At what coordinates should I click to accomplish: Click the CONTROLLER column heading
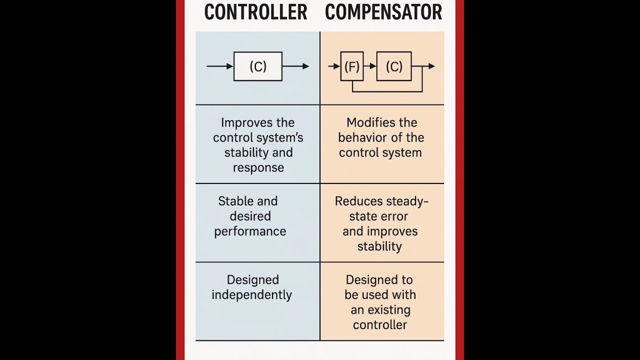point(255,12)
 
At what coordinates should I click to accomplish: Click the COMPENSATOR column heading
point(383,12)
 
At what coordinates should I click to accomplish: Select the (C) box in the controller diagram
point(258,66)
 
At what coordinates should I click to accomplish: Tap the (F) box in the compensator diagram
point(352,66)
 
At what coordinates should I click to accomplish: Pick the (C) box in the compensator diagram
point(394,66)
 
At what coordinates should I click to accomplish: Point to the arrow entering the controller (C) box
point(220,66)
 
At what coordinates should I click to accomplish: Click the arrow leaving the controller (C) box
point(296,66)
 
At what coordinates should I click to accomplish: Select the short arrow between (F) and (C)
point(370,66)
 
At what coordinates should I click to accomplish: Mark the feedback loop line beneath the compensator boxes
point(387,91)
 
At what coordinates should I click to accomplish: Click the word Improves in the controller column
point(239,123)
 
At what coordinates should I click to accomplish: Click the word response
point(258,168)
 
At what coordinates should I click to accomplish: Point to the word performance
point(250,231)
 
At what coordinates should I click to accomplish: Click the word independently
point(251,295)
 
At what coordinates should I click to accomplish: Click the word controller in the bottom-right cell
point(380,325)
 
